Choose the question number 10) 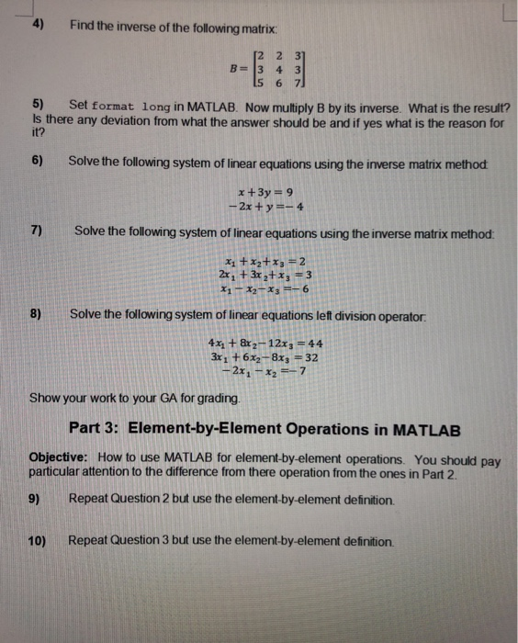[x=38, y=541]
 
